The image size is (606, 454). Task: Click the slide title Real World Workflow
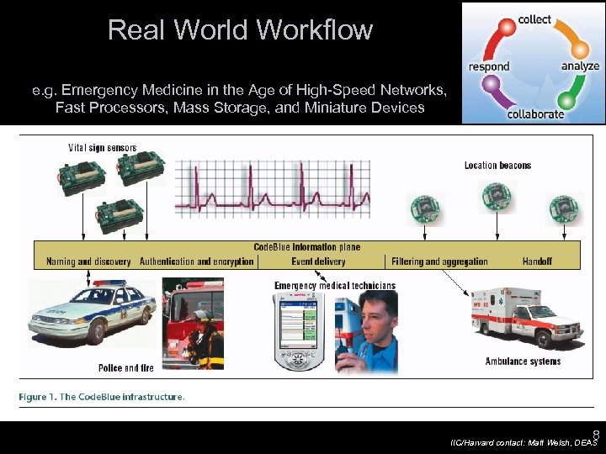pyautogui.click(x=240, y=30)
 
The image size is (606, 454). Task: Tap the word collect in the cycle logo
pyautogui.click(x=534, y=19)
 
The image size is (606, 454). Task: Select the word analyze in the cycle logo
pyautogui.click(x=580, y=66)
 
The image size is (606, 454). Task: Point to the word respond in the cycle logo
pyautogui.click(x=489, y=66)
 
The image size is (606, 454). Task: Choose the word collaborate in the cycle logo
pyautogui.click(x=535, y=114)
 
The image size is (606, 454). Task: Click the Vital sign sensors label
pyautogui.click(x=102, y=148)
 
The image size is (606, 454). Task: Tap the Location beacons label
pyautogui.click(x=497, y=166)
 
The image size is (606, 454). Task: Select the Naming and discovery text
pyautogui.click(x=84, y=261)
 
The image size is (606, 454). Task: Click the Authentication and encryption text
pyautogui.click(x=196, y=261)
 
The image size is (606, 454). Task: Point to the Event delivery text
pyautogui.click(x=317, y=261)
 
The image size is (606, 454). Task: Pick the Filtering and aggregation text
pyautogui.click(x=439, y=261)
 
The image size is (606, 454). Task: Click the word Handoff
pyautogui.click(x=537, y=261)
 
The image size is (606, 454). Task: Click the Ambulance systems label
pyautogui.click(x=523, y=362)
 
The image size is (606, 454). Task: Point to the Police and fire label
pyautogui.click(x=125, y=368)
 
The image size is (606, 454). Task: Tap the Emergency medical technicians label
pyautogui.click(x=335, y=286)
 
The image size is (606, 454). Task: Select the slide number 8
pyautogui.click(x=595, y=436)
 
